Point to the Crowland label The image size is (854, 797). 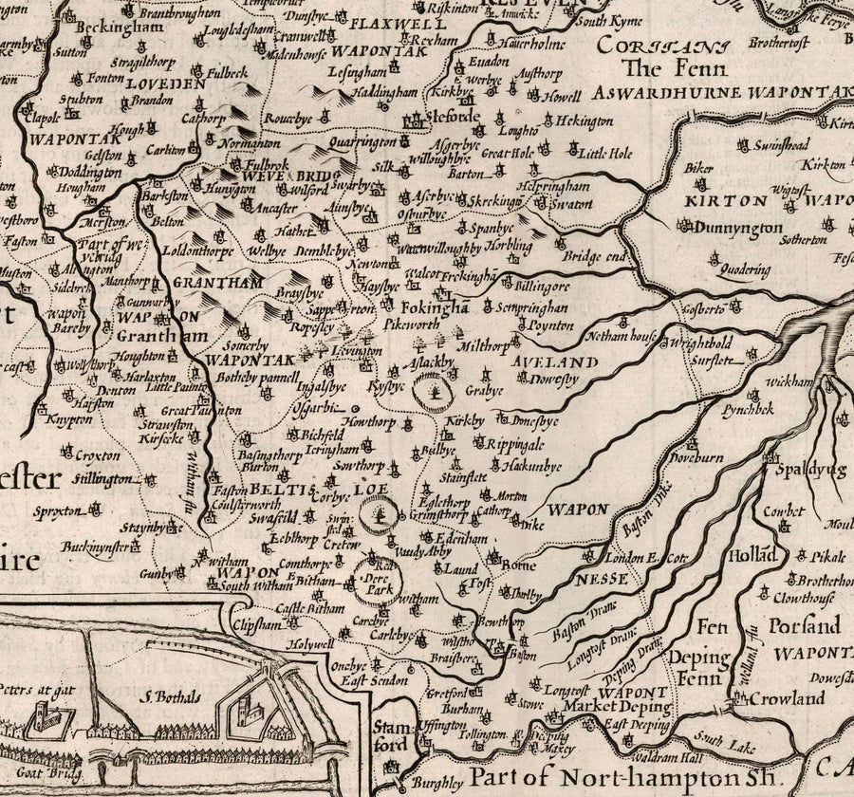tap(787, 698)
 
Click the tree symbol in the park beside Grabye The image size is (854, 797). tap(434, 390)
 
